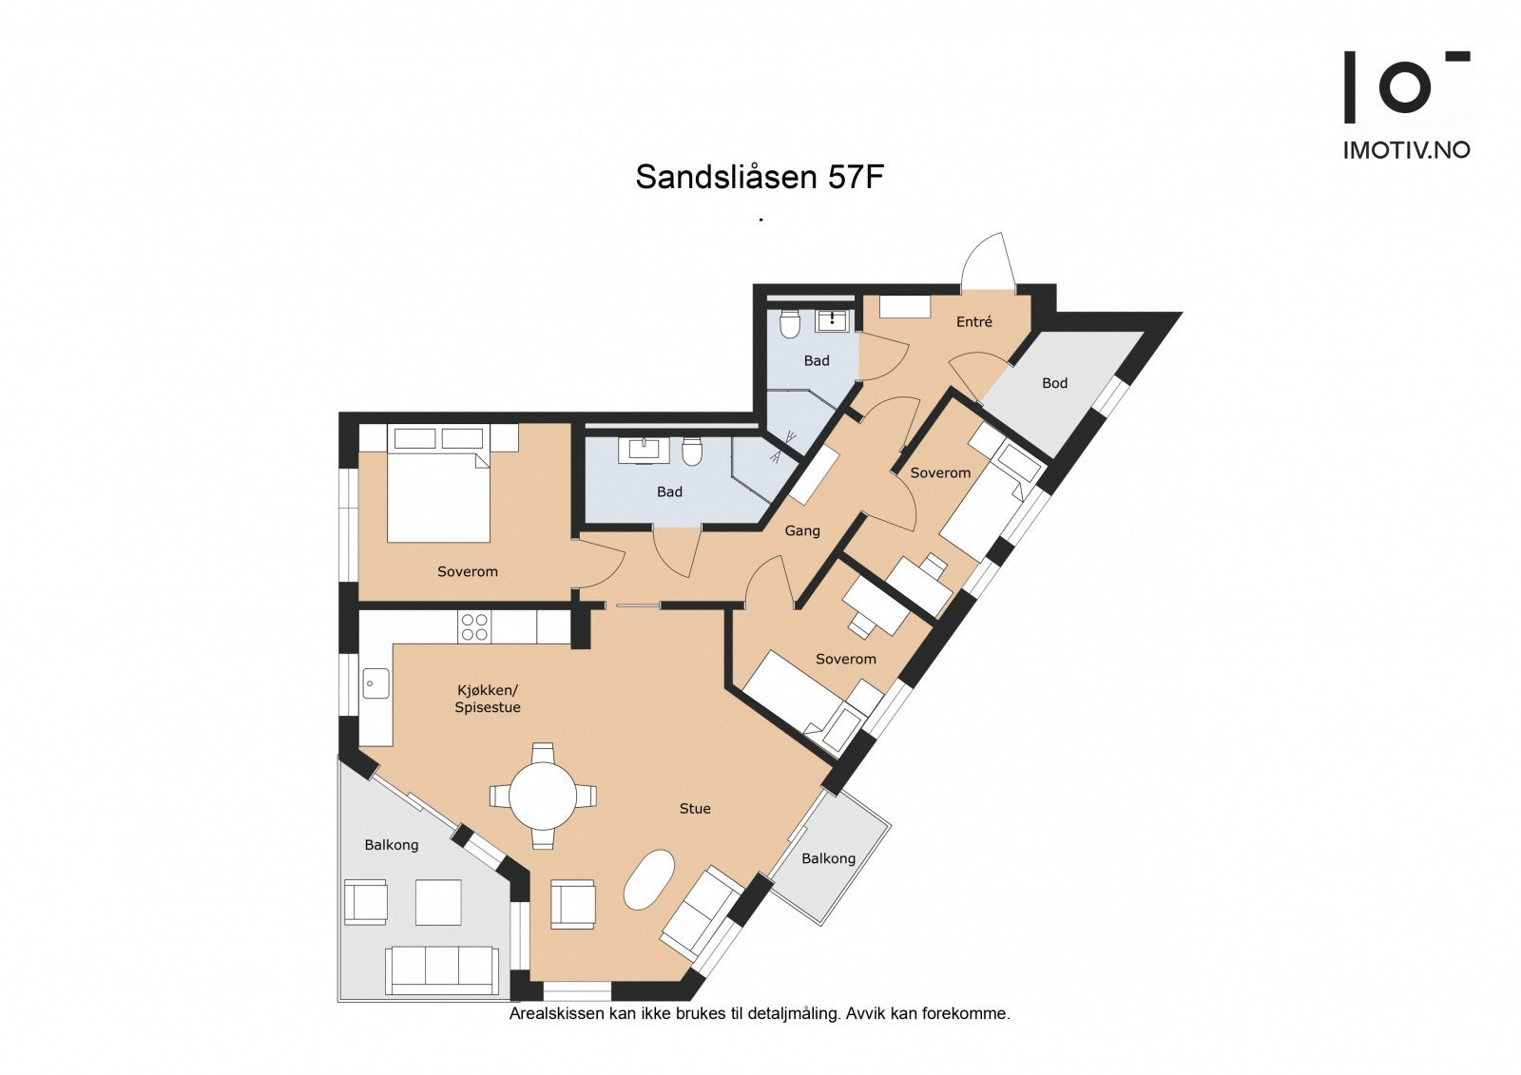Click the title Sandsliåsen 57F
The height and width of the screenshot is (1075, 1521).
pos(760,177)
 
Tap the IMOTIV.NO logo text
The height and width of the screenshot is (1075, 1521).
pos(1406,149)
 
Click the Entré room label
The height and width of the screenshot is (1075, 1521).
pos(973,322)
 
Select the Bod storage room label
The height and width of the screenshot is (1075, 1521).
pos(1054,383)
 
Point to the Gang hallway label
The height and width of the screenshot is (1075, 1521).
pos(801,530)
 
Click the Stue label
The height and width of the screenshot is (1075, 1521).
pos(694,809)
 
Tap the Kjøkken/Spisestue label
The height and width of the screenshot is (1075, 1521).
pos(487,699)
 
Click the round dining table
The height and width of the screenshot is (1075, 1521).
pos(543,796)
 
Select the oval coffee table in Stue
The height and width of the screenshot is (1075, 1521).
pos(648,880)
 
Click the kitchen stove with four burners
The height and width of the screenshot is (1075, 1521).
pos(474,626)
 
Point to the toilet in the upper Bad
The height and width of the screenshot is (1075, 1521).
pos(789,325)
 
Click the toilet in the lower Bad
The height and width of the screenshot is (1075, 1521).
pos(692,451)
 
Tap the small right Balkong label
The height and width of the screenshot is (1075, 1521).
pos(828,858)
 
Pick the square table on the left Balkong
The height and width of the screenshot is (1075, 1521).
pos(438,902)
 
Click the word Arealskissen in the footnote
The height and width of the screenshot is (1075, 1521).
pos(556,1014)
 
